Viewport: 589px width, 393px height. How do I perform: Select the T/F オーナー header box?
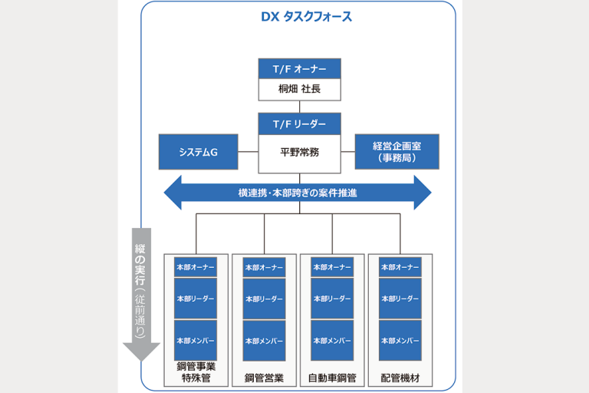coord(299,68)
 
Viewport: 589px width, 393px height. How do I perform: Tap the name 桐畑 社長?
coord(299,89)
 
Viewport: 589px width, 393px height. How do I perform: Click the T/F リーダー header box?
coord(299,124)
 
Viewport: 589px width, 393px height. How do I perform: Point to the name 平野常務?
coord(299,152)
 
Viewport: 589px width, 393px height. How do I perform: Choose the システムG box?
coord(198,152)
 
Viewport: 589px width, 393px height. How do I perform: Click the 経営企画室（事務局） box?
coord(397,151)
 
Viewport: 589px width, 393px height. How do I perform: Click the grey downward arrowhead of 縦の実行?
coord(141,352)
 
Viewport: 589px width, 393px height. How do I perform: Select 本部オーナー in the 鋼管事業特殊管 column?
coord(196,267)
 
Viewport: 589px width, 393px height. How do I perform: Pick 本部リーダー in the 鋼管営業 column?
coord(264,299)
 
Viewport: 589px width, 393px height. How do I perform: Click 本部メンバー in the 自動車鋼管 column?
coord(331,340)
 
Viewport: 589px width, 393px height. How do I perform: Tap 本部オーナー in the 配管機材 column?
coord(400,267)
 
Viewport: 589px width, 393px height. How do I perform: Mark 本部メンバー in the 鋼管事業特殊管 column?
coord(196,340)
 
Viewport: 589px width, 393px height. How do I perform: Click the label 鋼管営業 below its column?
coord(264,378)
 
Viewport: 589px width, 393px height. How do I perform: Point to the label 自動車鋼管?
coord(331,378)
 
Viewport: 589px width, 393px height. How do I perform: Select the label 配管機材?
coord(400,378)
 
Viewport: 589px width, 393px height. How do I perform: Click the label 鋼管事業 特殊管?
coord(196,372)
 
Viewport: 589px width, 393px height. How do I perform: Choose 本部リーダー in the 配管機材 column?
coord(400,299)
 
